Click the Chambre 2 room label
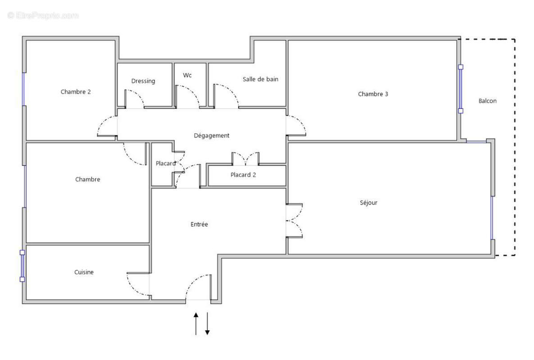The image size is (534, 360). point(76,92)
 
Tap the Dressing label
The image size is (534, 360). point(143,81)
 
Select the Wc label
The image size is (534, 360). point(187,75)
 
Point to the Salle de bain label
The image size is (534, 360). point(260,79)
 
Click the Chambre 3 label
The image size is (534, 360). point(373,94)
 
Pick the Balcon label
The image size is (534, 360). point(487,101)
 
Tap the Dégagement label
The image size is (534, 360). point(212,135)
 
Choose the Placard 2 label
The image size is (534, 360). point(243,175)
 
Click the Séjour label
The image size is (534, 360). point(368,202)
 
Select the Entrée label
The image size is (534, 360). point(199,224)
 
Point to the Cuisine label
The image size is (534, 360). point(84,272)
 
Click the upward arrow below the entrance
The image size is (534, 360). point(196,324)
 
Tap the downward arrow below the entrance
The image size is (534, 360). point(208,324)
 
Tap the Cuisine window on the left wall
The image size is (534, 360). point(22,265)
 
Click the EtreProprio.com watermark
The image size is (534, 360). point(43,16)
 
